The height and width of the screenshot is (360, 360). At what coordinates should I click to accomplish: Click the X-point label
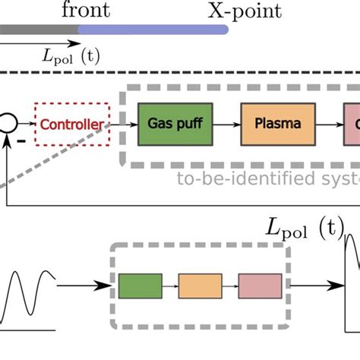pyautogui.click(x=245, y=11)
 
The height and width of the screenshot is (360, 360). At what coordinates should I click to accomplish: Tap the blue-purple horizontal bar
pyautogui.click(x=153, y=30)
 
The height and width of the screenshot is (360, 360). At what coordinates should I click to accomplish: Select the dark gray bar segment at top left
pyautogui.click(x=39, y=30)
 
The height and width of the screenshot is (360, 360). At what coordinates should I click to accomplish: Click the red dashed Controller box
pyautogui.click(x=72, y=123)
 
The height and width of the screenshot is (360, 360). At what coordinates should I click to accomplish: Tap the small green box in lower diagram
pyautogui.click(x=140, y=286)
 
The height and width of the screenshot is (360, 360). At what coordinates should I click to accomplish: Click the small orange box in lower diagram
pyautogui.click(x=201, y=286)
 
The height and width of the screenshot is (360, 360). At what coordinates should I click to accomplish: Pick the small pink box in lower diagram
pyautogui.click(x=259, y=286)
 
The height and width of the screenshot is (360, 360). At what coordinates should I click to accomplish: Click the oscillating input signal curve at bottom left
pyautogui.click(x=30, y=296)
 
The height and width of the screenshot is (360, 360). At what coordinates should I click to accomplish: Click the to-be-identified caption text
pyautogui.click(x=266, y=179)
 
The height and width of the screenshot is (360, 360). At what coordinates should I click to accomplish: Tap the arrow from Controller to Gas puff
pyautogui.click(x=123, y=123)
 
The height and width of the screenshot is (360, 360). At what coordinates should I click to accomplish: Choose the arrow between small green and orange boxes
pyautogui.click(x=170, y=286)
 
